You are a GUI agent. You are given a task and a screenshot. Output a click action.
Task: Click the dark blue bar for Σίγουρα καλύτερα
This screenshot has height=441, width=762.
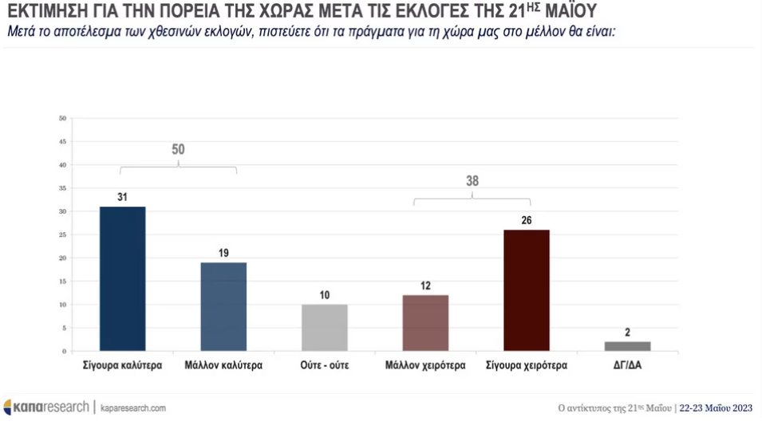click(x=122, y=278)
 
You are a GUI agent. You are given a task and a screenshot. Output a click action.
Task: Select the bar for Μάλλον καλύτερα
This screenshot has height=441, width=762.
click(x=223, y=306)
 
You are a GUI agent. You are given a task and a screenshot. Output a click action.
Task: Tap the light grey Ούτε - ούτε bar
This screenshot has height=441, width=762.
click(x=324, y=327)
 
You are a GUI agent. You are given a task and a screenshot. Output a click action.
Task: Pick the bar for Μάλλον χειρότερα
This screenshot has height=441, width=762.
click(x=425, y=322)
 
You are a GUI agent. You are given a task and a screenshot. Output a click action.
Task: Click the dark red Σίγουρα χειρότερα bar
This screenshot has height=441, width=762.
click(x=527, y=290)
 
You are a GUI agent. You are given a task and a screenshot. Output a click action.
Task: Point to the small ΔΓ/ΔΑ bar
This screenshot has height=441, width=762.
click(x=627, y=346)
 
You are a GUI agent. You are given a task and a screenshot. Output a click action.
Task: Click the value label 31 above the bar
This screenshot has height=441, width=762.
click(x=122, y=198)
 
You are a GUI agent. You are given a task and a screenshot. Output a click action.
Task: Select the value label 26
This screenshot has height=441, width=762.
click(x=527, y=221)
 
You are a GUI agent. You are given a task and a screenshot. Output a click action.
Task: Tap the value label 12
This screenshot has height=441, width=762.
click(x=425, y=286)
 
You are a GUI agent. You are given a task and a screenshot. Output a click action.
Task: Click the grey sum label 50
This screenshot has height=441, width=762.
click(x=178, y=149)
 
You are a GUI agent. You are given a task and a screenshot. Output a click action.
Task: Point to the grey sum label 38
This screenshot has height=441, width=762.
click(x=472, y=180)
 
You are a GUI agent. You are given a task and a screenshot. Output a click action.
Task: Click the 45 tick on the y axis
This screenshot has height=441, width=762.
click(x=62, y=142)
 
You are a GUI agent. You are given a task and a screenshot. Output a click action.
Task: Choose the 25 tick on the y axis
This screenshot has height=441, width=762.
click(x=62, y=235)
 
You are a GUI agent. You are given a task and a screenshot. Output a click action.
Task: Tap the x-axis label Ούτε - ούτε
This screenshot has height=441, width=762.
click(x=324, y=367)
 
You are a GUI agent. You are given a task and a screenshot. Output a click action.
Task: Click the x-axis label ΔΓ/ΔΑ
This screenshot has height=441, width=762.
click(x=627, y=367)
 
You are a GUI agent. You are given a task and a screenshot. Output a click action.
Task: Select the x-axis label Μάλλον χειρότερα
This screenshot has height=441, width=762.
click(x=425, y=367)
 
